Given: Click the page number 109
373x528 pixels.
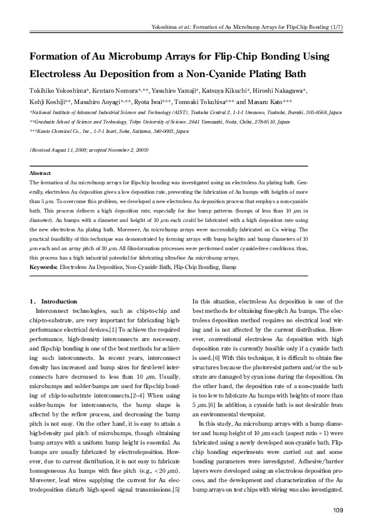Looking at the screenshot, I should click(x=337, y=510).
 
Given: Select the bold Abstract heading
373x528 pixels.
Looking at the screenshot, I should click(x=41, y=172).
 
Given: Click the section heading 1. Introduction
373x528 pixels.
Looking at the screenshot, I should click(x=53, y=302).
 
